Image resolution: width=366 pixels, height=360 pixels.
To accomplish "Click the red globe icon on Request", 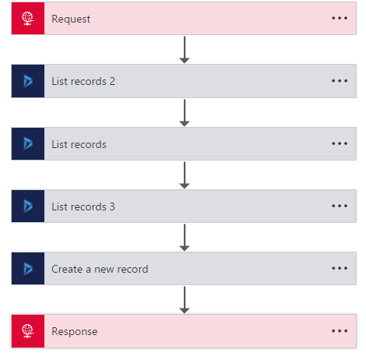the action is tap(28, 19).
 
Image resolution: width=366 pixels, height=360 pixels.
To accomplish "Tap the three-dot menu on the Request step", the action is tap(340, 18).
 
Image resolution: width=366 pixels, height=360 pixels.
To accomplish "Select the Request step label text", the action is tap(71, 19).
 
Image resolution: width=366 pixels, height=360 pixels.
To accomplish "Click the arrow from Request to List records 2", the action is tap(185, 50).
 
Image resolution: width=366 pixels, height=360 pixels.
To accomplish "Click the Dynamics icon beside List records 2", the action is tap(28, 81).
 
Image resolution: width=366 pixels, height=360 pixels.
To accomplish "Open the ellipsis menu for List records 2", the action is tap(340, 81).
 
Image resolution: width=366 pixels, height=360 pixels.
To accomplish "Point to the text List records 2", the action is tap(83, 81).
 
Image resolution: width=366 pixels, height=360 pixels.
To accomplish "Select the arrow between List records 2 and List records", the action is tap(185, 113).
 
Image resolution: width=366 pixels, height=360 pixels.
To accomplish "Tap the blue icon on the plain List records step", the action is tap(28, 143).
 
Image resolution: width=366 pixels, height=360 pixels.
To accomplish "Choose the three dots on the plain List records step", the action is tap(340, 143).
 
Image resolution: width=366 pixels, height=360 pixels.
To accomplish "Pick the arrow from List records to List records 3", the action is tap(185, 175).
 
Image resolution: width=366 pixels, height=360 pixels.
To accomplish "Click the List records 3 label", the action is tap(83, 206).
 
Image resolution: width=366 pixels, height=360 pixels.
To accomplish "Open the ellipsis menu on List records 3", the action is tap(340, 206).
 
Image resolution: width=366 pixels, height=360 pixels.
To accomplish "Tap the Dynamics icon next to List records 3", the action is tap(28, 206).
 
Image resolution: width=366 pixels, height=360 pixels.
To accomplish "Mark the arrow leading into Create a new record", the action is tap(185, 238).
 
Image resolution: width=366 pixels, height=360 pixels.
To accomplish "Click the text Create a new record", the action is tap(100, 269).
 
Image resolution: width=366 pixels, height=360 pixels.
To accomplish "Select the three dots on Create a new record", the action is tap(340, 268).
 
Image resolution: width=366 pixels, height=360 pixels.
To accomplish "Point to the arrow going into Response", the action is tap(185, 300).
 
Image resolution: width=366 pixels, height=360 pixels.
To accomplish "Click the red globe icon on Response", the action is tap(28, 331).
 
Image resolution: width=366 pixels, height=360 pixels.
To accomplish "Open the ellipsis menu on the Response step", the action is tap(340, 331).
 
